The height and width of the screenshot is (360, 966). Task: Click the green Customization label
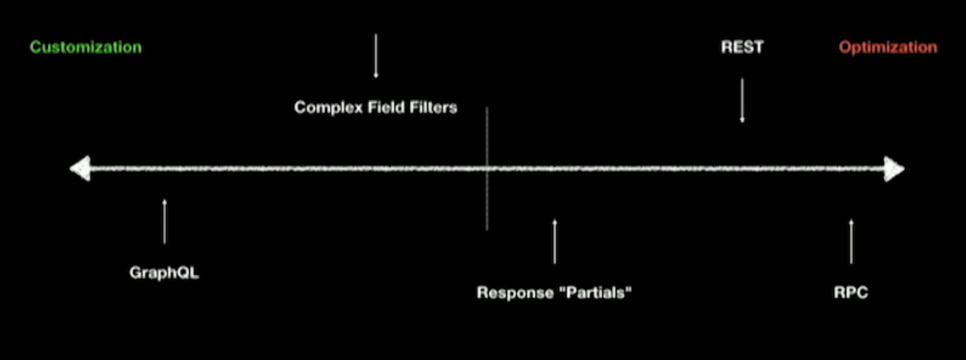86,47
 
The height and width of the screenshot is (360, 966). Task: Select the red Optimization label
888,47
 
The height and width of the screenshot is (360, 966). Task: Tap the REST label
742,47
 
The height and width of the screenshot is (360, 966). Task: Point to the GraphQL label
164,272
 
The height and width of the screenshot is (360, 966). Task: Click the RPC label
851,292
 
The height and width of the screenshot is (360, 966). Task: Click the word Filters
434,107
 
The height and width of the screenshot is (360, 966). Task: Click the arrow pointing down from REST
742,101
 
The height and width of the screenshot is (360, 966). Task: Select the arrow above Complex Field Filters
376,57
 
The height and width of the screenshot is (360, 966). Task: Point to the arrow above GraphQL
165,221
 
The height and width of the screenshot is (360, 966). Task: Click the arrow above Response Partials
555,241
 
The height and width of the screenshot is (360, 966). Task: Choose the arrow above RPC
851,241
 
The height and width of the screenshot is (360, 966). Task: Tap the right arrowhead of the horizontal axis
894,169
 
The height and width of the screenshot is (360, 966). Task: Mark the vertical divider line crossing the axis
487,203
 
